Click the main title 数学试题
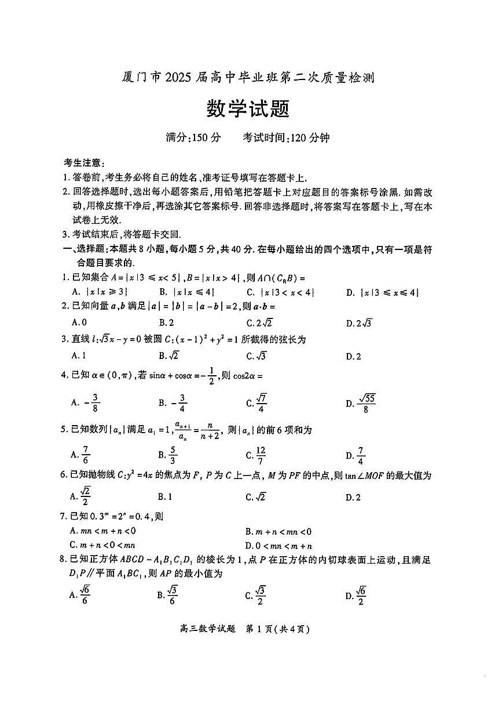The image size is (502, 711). [248, 108]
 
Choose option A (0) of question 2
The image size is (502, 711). [79, 323]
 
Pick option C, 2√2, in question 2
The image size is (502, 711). [259, 323]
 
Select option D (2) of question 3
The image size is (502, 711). [353, 356]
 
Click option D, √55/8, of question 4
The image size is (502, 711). [361, 402]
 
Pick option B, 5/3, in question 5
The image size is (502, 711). [167, 455]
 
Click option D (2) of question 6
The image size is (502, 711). [353, 497]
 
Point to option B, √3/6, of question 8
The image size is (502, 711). [167, 595]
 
